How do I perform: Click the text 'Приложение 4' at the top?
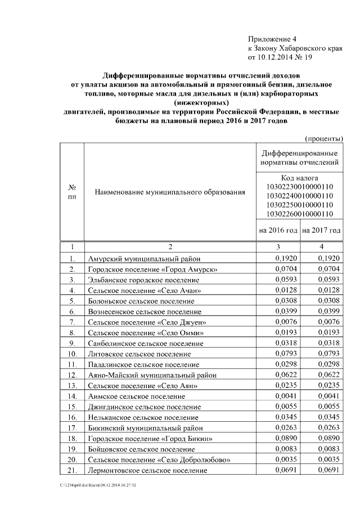pyautogui.click(x=271, y=39)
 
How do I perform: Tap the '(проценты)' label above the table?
pyautogui.click(x=324, y=138)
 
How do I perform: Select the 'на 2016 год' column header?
pyautogui.click(x=278, y=231)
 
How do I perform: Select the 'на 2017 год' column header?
pyautogui.click(x=321, y=231)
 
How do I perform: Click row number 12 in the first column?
pyautogui.click(x=71, y=375)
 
